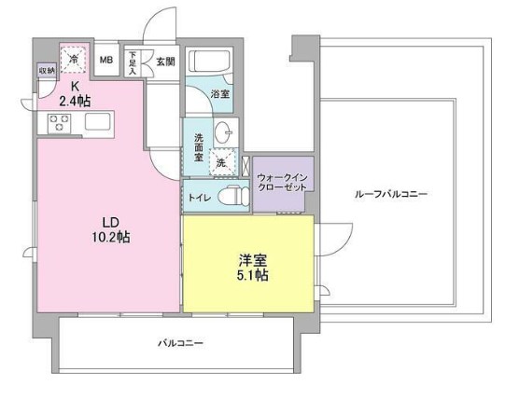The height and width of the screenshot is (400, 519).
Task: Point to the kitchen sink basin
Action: coord(97,121)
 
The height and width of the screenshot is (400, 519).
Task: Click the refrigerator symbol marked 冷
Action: coord(75,58)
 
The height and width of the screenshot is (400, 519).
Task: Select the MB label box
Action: coord(106,62)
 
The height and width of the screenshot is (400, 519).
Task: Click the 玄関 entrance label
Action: coord(165,62)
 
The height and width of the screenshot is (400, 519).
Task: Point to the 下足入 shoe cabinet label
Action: coord(133,62)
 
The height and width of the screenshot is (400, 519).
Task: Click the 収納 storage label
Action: coord(46,71)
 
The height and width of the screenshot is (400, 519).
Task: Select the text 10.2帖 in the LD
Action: coord(109,237)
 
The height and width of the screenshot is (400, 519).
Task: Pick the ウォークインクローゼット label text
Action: coord(282,180)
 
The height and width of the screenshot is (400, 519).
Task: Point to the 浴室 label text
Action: coord(220,94)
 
